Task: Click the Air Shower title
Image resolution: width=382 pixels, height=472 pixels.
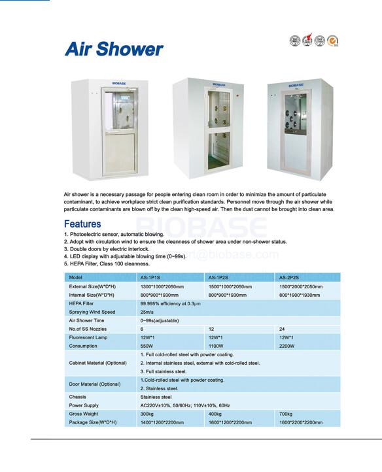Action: coord(114,49)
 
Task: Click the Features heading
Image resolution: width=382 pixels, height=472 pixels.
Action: coord(82,224)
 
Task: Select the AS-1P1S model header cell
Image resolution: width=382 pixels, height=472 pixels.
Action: coord(152,278)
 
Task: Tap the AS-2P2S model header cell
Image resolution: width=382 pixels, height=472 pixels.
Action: coord(290,278)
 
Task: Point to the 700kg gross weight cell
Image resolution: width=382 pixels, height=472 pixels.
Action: coord(286,414)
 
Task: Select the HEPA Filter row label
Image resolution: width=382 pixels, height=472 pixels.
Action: coord(81,303)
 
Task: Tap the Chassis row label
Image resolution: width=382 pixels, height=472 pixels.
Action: coord(78,397)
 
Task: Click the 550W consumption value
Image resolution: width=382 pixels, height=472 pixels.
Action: coord(147,346)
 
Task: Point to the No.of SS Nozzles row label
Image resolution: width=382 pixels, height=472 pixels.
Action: coord(88,329)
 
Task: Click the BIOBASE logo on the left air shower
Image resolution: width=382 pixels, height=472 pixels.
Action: coord(118,84)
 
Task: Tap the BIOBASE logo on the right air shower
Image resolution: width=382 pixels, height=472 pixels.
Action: coord(296,85)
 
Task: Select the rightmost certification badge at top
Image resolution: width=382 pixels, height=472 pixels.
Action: coord(332,41)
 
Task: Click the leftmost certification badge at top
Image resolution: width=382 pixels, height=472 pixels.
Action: coord(295,41)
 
